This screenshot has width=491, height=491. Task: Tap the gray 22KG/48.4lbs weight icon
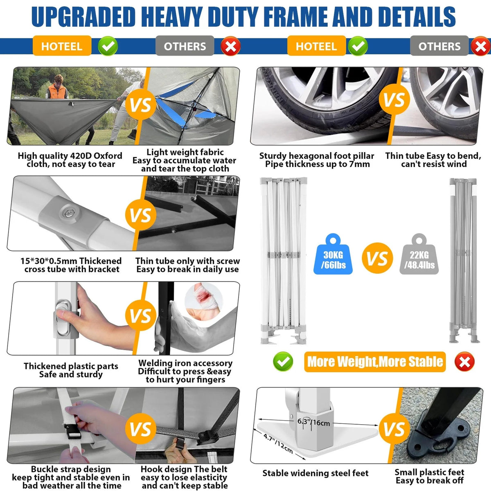coord(419,255)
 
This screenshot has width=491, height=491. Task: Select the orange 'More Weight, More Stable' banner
coord(375,362)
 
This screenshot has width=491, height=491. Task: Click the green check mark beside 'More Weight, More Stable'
coord(283,361)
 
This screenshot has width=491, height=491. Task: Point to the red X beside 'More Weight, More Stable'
coord(464,361)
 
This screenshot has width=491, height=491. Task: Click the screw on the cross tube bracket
coord(69,213)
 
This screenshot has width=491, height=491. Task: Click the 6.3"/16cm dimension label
coord(313,422)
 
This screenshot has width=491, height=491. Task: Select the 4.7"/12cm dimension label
coord(278,444)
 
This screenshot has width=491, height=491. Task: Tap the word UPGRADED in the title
coord(83,17)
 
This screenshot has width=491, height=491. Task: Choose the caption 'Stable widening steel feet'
coord(315,473)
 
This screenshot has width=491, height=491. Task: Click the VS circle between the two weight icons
coord(377,258)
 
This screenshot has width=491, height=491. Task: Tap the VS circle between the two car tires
coord(394,99)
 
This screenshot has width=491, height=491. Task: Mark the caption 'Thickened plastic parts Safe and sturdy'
coord(71,370)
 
